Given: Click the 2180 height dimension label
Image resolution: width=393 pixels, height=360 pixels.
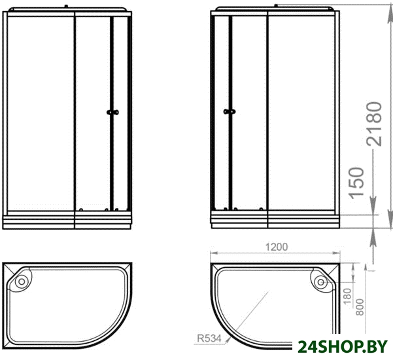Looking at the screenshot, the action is (x=374, y=124).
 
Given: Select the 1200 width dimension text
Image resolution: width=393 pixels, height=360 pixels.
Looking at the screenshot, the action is (x=277, y=247).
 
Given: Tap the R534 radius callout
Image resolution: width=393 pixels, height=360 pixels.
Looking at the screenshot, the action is (x=209, y=338).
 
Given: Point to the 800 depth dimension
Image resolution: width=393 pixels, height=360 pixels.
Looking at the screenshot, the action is (x=360, y=307).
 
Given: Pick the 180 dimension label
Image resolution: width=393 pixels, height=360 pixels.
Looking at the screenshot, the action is (x=347, y=297).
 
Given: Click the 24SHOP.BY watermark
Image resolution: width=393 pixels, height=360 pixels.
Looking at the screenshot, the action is (x=343, y=348).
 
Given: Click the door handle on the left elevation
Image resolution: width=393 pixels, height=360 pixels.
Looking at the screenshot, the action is (x=112, y=113).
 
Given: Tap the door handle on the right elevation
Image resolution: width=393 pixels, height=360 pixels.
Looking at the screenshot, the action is (x=230, y=111).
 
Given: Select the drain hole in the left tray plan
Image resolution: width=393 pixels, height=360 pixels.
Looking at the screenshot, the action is (x=22, y=281).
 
